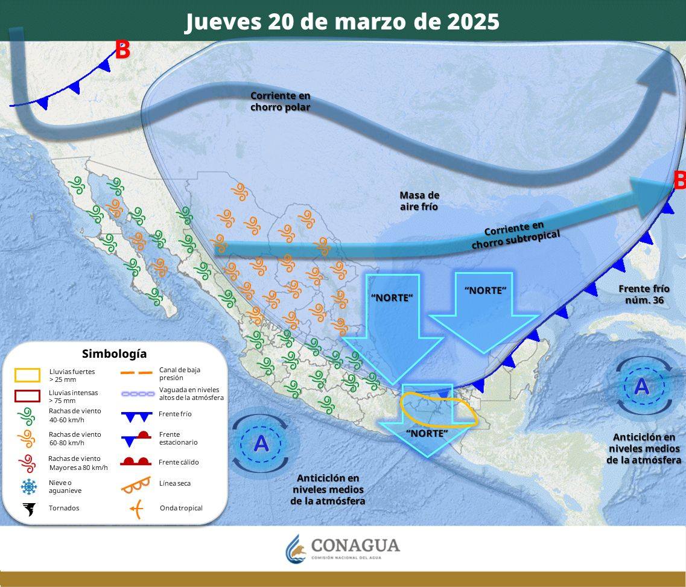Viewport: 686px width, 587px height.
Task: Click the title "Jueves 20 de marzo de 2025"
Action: pos(342,22)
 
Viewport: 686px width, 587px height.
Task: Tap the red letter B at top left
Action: pos(122,51)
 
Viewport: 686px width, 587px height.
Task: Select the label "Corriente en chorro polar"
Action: pos(281,101)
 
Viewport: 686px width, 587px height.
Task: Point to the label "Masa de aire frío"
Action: pos(419,201)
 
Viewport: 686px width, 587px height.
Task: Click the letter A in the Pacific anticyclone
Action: pos(261,444)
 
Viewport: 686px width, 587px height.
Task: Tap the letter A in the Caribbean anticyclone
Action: pos(642,386)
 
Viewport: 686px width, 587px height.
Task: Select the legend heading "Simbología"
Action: pos(114,354)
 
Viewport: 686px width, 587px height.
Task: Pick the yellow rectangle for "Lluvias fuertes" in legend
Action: pos(27,375)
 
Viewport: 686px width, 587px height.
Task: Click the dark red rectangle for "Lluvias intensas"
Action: pos(27,396)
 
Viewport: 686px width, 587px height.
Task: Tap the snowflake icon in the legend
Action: pos(28,486)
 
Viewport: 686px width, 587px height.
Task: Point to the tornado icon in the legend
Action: pos(28,509)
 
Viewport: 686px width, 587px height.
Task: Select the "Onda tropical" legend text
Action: pos(181,508)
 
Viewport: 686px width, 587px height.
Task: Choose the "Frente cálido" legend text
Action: pos(179,462)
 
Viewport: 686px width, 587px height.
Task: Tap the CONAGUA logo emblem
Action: pos(296,548)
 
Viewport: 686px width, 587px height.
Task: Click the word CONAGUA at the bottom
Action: pos(355,545)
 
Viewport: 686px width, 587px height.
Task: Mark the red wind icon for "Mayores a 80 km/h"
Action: pos(27,463)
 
